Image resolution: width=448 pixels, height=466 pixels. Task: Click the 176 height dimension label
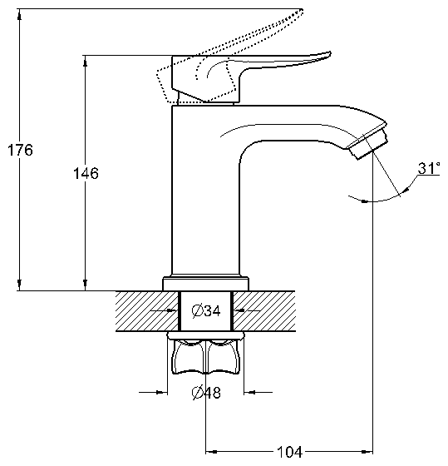20,150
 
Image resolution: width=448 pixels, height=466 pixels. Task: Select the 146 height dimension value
86,173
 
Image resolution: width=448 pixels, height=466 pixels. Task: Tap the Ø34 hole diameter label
206,311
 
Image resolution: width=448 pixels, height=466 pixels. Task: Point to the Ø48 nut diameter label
206,393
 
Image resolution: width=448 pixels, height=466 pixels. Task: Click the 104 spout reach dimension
289,452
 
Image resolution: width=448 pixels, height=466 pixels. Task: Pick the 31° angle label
429,168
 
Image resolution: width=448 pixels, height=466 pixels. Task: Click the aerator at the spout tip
368,143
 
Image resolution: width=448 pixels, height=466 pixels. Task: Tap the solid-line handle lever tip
329,54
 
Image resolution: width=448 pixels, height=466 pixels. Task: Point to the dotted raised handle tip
301,12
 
